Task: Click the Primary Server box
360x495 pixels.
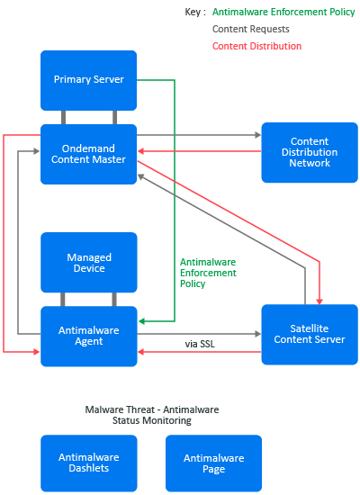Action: [x=89, y=80]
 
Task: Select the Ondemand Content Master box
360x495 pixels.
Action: [x=89, y=154]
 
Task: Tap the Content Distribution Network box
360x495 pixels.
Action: [x=310, y=152]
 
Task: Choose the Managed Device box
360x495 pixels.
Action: [x=89, y=262]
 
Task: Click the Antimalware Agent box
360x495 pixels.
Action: [x=89, y=337]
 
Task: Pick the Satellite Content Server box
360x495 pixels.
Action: [x=310, y=334]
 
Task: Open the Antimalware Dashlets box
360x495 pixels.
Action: [x=89, y=463]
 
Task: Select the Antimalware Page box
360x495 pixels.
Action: [x=214, y=463]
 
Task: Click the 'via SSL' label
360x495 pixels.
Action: [x=200, y=344]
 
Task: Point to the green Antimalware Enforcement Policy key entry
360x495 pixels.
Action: [x=283, y=12]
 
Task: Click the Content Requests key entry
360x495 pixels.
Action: [x=251, y=29]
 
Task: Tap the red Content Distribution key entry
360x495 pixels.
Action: [x=256, y=46]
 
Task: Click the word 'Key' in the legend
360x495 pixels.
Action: [x=193, y=12]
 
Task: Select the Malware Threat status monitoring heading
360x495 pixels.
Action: [x=152, y=415]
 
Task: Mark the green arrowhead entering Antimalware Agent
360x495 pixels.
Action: [x=142, y=321]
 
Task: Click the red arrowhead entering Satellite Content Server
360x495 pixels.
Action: [x=319, y=301]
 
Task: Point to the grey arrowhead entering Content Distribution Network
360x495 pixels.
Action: [x=258, y=135]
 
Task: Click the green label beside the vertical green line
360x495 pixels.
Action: [x=208, y=273]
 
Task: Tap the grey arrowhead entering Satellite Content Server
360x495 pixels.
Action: [x=258, y=334]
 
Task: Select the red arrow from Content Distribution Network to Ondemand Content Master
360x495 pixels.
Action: [x=200, y=151]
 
